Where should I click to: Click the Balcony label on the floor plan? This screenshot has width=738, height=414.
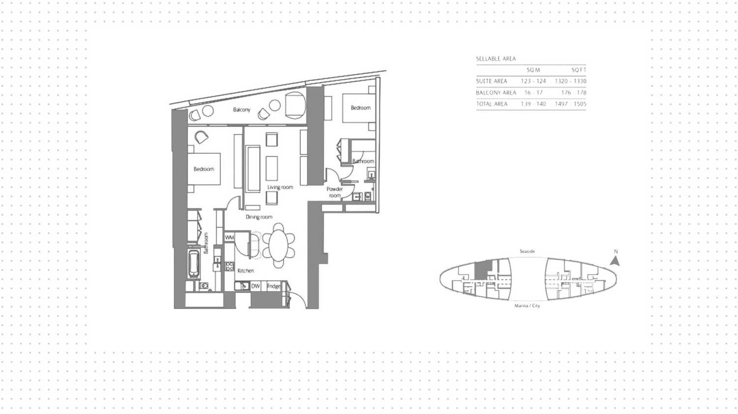[242, 110]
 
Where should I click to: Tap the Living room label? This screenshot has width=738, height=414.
[280, 187]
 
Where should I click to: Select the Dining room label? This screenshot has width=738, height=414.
[259, 217]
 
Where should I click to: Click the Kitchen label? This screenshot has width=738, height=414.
[246, 270]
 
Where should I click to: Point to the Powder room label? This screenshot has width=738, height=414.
[335, 192]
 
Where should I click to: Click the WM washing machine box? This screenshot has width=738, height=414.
[229, 237]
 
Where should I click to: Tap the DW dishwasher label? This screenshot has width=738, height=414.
[255, 286]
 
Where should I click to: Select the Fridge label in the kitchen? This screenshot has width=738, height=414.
[274, 286]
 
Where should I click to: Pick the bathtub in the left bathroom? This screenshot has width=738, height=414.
[194, 264]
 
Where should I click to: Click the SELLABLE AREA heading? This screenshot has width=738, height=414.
[495, 59]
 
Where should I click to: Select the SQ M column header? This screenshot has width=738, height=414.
[533, 70]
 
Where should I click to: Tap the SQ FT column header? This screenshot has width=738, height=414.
[579, 70]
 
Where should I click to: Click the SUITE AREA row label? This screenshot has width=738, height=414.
[492, 81]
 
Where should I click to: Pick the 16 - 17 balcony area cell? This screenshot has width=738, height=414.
[533, 92]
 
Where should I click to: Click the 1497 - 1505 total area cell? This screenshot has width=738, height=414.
[570, 104]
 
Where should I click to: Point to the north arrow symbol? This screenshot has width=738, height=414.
[615, 260]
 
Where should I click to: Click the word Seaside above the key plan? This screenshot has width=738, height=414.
[527, 251]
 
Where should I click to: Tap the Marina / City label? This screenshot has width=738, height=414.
[527, 306]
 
